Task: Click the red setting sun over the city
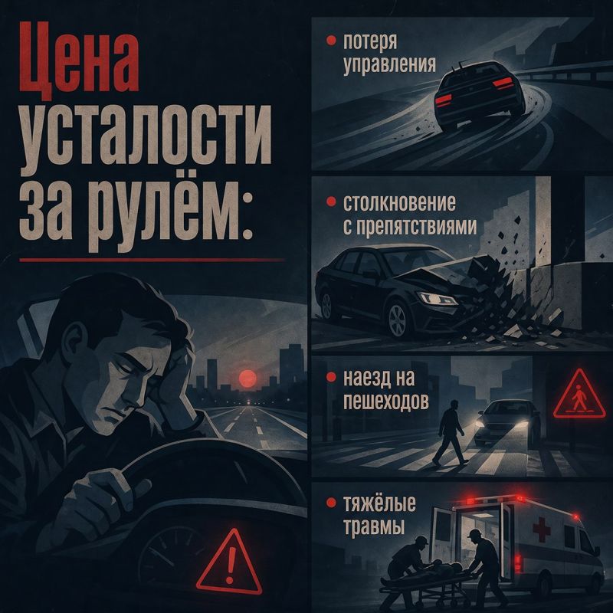pyautogui.click(x=247, y=379)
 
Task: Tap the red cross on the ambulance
pyautogui.click(x=542, y=528)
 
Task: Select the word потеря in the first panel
pyautogui.click(x=370, y=41)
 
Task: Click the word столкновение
pyautogui.click(x=399, y=202)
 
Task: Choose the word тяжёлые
pyautogui.click(x=379, y=504)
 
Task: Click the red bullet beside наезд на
pyautogui.click(x=331, y=377)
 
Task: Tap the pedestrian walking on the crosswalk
pyautogui.click(x=451, y=432)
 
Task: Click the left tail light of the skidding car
pyautogui.click(x=444, y=100)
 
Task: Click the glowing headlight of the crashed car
pyautogui.click(x=437, y=299)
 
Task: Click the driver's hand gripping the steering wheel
pyautogui.click(x=107, y=493)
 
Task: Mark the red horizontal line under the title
pyautogui.click(x=152, y=260)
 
